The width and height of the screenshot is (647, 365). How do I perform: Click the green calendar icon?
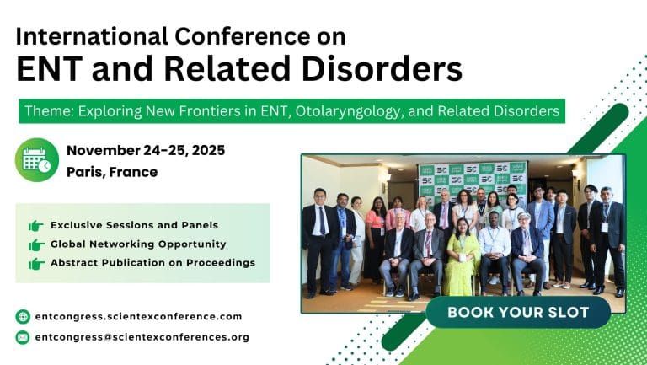coord(37,160)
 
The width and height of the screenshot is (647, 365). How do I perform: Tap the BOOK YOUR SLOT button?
coord(517,312)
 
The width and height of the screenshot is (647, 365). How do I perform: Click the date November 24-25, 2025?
coord(146,151)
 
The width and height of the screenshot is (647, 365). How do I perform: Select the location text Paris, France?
coord(112,172)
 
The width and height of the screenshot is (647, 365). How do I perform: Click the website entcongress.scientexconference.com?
coord(138,316)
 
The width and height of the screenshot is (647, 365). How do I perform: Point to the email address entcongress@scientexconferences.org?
coord(142,337)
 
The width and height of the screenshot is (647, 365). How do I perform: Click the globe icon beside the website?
coord(23,317)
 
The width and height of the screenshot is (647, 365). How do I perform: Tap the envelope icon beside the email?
coord(23,337)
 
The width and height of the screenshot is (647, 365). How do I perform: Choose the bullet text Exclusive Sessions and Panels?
coord(134,225)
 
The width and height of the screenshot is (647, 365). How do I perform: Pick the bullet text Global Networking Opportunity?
coord(138,244)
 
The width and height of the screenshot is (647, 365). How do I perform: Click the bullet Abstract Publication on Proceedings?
coord(152,262)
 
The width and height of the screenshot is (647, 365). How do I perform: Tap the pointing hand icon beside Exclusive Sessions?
coord(35,225)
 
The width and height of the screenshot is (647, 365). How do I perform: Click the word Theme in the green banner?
coord(46,111)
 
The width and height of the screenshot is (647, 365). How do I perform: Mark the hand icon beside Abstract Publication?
coord(35,263)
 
